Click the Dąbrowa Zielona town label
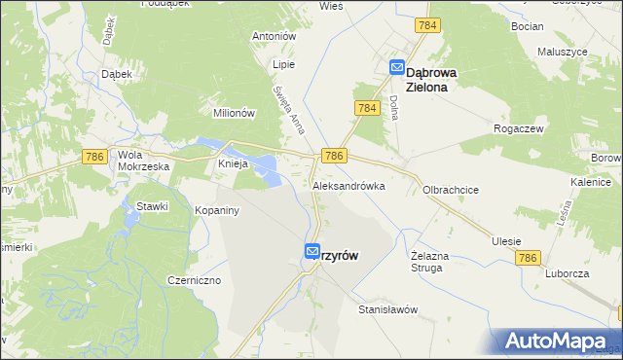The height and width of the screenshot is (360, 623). point(446,78)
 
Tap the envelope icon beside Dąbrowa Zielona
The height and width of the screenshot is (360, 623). point(397,67)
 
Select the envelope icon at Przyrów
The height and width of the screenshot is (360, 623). point(311,251)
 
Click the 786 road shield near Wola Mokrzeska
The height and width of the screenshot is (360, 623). point(94,157)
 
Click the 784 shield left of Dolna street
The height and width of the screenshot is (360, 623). point(366,109)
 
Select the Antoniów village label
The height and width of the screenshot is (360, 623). point(273,36)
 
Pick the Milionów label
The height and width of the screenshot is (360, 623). point(234,113)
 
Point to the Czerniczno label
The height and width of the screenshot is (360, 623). point(194,280)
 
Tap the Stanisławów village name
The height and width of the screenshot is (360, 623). point(387,309)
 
